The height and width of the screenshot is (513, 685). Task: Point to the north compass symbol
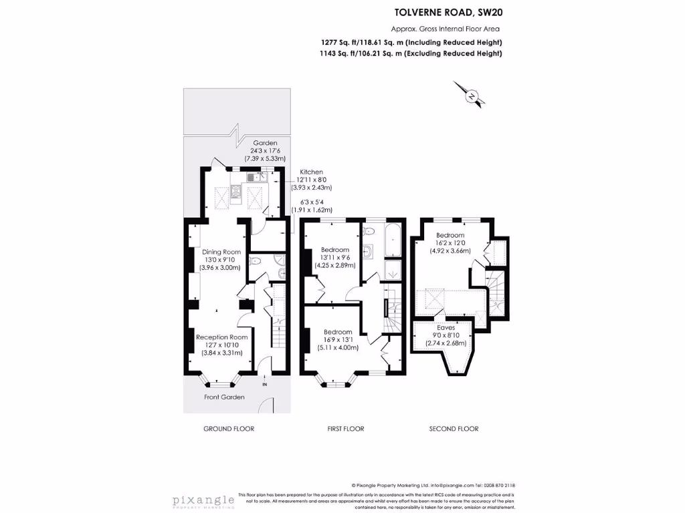tap(472, 96)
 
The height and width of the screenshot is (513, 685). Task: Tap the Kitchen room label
tap(311, 172)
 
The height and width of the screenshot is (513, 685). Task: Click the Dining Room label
tap(221, 252)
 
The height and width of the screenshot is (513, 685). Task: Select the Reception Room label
tap(222, 337)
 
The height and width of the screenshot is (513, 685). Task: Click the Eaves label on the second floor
tap(446, 328)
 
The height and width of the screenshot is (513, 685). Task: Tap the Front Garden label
tap(224, 397)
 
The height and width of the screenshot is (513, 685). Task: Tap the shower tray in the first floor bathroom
tap(393, 271)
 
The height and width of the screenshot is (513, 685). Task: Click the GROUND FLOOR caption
tap(229, 429)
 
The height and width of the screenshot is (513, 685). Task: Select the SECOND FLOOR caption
tap(454, 429)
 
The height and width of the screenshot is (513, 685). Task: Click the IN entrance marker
tap(265, 385)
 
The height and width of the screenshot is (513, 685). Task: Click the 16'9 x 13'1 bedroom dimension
tap(338, 339)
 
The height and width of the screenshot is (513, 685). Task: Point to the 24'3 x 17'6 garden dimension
tap(264, 151)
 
